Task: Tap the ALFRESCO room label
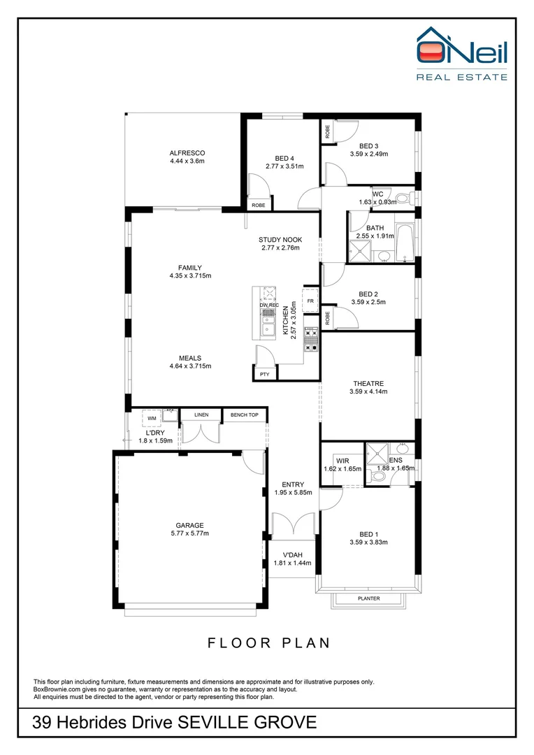pyautogui.click(x=187, y=153)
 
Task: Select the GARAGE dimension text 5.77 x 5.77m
pyautogui.click(x=189, y=533)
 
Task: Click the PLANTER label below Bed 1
pyautogui.click(x=368, y=598)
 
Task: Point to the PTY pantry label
pyautogui.click(x=264, y=375)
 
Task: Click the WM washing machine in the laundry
pyautogui.click(x=152, y=418)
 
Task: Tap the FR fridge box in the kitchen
pyautogui.click(x=310, y=301)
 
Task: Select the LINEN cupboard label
pyautogui.click(x=201, y=415)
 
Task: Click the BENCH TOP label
pyautogui.click(x=244, y=415)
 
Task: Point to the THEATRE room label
pyautogui.click(x=368, y=383)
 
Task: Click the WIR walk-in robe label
pyautogui.click(x=342, y=461)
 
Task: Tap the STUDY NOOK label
pyautogui.click(x=280, y=239)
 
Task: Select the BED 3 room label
pyautogui.click(x=369, y=145)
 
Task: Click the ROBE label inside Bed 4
pyautogui.click(x=258, y=206)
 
